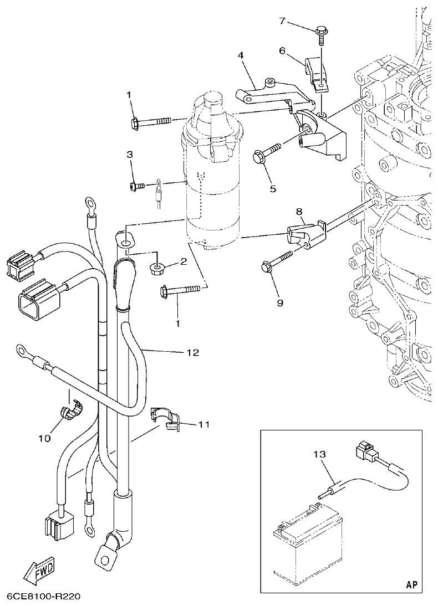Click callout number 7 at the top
point(282,22)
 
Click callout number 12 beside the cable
point(192,352)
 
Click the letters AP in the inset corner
point(411,584)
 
